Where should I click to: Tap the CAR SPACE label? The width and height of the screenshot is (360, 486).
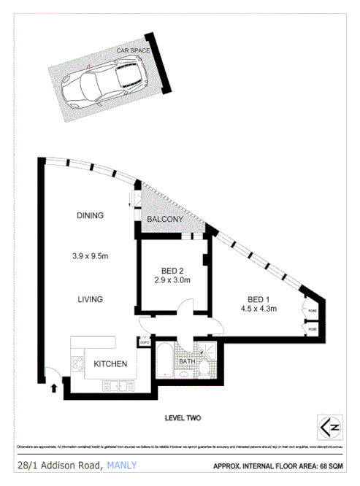tap(134, 50)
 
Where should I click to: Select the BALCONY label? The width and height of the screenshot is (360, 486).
tap(164, 220)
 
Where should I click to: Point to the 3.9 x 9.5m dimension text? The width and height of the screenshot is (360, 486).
tap(91, 255)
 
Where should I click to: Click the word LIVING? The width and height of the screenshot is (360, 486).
tap(91, 299)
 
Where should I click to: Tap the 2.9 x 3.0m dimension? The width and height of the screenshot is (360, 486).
tap(172, 279)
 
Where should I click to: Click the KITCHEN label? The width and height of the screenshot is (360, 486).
tap(110, 364)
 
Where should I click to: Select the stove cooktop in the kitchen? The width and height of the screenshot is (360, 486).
tap(77, 363)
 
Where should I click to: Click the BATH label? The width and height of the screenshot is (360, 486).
tap(188, 360)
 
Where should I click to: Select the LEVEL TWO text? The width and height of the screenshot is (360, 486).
tap(183, 418)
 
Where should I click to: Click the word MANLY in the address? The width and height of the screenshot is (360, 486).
tap(121, 465)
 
